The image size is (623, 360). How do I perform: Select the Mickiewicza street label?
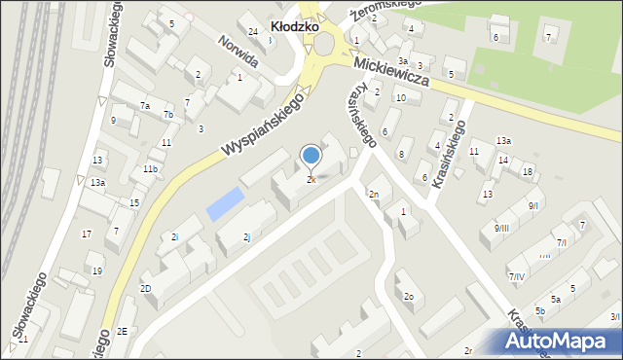pos(392,73)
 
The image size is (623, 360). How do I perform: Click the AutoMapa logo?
pos(562,341)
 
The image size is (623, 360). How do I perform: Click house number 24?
pos(253,32)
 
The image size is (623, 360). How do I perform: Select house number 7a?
pos(145,105)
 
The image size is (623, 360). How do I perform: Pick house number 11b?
pos(150,169)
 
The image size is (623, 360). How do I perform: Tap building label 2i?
pos(174,236)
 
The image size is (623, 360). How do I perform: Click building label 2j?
pos(246,236)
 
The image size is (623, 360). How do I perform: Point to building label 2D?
pos(145,289)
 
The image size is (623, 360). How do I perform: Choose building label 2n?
pos(373,194)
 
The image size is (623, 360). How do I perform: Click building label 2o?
pos(409,297)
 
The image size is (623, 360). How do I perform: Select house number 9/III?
pos(501,228)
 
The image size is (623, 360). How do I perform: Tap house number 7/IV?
pos(516,277)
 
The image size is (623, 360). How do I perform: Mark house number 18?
pos(527,172)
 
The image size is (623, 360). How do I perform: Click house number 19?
pos(96,271)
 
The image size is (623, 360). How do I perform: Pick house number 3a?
pos(402,60)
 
